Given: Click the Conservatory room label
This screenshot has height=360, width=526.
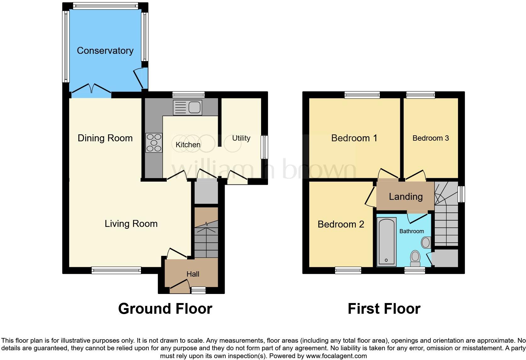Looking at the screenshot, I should click(105, 51).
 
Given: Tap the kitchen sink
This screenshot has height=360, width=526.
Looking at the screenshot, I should click(187, 108).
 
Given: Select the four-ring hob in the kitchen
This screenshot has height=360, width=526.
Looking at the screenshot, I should click(154, 143).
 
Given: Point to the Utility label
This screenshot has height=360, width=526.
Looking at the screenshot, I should click(241, 138).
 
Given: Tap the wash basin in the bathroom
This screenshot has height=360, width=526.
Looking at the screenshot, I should click(426, 243).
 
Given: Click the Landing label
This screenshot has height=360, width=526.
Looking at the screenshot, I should click(406, 197).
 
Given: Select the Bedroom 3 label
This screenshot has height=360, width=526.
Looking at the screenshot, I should click(430, 138).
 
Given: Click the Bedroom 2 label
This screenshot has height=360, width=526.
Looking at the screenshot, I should click(341, 224).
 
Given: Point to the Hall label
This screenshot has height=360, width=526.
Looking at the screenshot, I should click(193, 274).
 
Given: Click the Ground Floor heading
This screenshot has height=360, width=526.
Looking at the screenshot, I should click(165, 309).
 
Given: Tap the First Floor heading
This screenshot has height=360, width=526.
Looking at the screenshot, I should click(384, 309).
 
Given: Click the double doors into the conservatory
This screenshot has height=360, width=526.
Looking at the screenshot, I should click(91, 88).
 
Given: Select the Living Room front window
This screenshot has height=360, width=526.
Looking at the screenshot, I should click(116, 270).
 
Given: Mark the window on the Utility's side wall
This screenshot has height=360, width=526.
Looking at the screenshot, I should click(264, 147).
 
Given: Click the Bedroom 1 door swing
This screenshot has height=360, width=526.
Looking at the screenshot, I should click(388, 174).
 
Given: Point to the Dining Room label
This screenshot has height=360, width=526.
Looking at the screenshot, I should click(105, 138).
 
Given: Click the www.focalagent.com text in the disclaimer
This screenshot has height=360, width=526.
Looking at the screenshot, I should click(336, 356).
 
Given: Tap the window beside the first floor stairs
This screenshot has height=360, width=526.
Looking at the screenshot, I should click(461, 194).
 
